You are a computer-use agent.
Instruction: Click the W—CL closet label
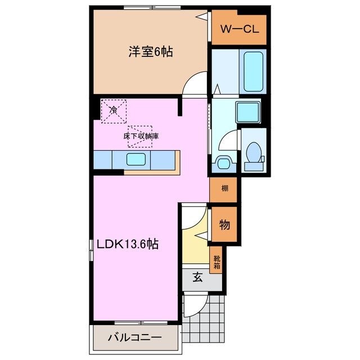(x=240, y=30)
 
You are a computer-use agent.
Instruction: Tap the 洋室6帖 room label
(x=150, y=52)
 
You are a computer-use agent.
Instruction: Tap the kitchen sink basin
(x=137, y=159)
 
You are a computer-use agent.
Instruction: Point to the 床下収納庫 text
(x=141, y=136)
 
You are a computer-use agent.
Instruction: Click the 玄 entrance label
(x=199, y=277)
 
